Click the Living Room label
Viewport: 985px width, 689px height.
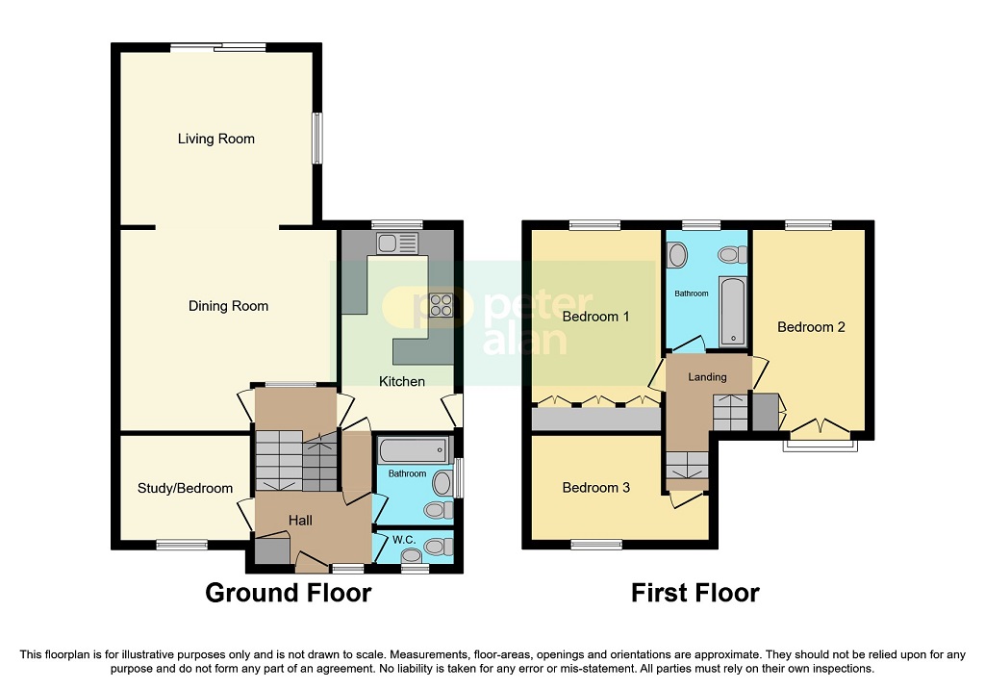pos(216,139)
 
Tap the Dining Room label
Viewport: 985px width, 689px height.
pos(228,306)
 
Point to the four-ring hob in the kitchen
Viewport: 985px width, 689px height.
pos(441,305)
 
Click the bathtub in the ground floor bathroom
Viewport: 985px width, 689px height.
pos(414,449)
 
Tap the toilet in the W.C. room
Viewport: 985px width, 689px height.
pos(435,547)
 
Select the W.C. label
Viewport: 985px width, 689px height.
pos(396,540)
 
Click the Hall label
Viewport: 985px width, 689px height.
pos(301,521)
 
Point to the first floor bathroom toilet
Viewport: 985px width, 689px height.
pos(734,255)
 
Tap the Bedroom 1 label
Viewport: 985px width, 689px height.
pos(595,317)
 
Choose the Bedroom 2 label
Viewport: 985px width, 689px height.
pos(811,327)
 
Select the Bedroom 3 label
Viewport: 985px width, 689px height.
pos(595,488)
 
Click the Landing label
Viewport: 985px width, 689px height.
pos(707,377)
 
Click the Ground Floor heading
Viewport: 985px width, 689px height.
pos(288,593)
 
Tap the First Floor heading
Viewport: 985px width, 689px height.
pos(695,593)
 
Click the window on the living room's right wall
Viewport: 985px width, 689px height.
pos(316,140)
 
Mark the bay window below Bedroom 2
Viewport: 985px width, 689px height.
pos(818,445)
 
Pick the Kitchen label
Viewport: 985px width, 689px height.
pos(401,382)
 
